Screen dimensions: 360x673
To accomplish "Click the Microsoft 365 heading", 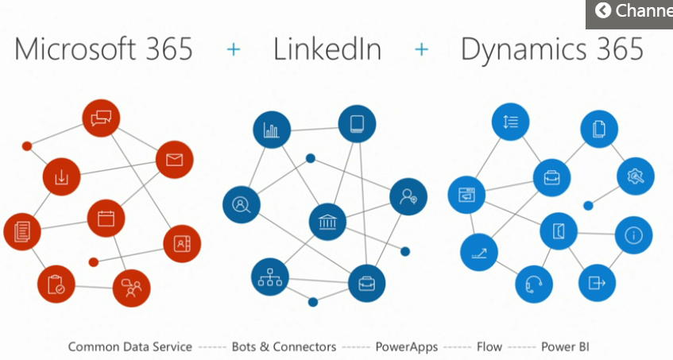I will point(103,49).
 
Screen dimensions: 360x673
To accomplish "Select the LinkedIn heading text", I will point(327,49).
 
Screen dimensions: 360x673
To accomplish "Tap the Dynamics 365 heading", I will point(552,49).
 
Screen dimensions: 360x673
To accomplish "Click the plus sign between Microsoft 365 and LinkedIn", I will point(233,49).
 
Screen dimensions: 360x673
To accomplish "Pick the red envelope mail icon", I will point(175,160).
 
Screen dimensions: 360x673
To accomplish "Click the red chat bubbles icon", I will point(101,119).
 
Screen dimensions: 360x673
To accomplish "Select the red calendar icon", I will point(106,219).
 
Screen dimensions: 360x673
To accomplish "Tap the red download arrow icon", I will point(61,177).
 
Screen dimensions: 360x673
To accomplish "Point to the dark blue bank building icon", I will point(327,221).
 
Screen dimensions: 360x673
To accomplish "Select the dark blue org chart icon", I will point(270,277).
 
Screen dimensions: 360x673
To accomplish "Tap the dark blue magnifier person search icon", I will point(242,204).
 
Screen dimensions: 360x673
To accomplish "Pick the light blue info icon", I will point(633,235).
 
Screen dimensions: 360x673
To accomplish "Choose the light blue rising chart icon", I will point(479,254).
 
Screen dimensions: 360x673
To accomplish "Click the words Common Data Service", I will point(130,347).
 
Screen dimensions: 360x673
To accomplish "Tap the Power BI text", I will point(565,347).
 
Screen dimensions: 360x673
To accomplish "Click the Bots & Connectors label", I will point(284,347).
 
